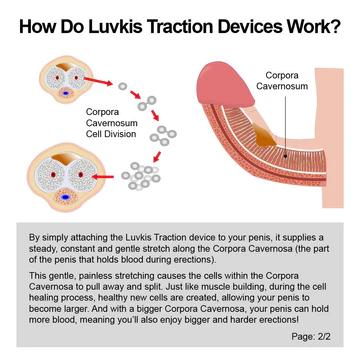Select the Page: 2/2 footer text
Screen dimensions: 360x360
[311, 336]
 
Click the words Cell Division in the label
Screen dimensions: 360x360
[111, 134]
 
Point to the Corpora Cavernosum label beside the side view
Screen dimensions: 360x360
[282, 80]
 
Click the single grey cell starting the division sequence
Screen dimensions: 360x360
[123, 86]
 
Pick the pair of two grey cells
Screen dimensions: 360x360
[147, 103]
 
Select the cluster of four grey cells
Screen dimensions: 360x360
[163, 135]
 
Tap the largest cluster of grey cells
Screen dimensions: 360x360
[141, 176]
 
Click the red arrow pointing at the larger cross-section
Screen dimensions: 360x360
[103, 176]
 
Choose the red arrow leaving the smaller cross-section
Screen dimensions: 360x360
[98, 81]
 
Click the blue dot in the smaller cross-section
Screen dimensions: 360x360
[66, 93]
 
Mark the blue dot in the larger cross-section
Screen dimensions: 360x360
[66, 197]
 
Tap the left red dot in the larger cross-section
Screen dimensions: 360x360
[53, 174]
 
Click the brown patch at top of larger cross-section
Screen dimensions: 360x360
[66, 159]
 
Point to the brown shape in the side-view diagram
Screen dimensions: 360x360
[264, 135]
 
